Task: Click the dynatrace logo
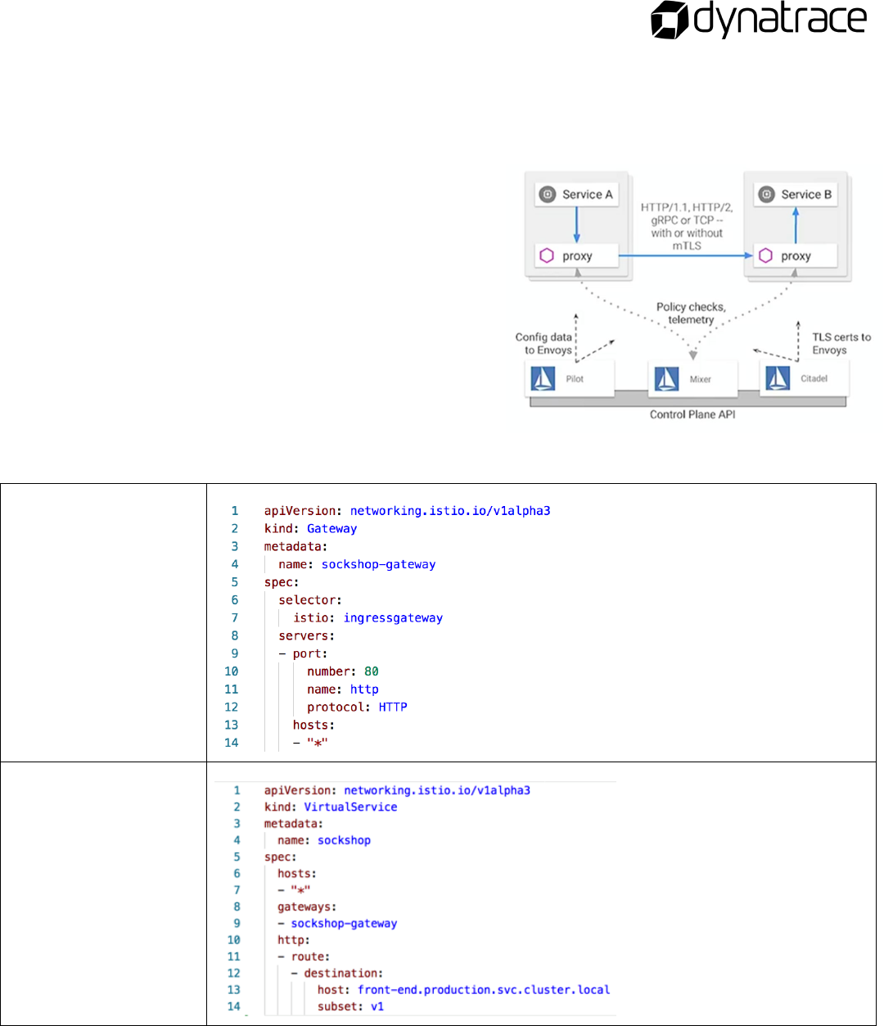758,20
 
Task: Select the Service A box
576,195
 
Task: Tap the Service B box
795,195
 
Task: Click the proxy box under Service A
576,256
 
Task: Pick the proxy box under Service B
795,256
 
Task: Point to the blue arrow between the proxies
684,255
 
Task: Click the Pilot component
569,379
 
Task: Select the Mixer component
692,379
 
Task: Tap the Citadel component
803,378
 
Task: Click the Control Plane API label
692,414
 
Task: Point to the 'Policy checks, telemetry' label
691,314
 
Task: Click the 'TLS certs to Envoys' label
840,343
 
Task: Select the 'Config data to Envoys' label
544,343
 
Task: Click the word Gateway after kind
331,529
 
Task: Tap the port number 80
371,671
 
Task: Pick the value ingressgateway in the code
393,618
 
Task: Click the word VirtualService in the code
350,807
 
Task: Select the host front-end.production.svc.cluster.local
484,990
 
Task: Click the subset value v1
377,1006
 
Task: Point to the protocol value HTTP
393,707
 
